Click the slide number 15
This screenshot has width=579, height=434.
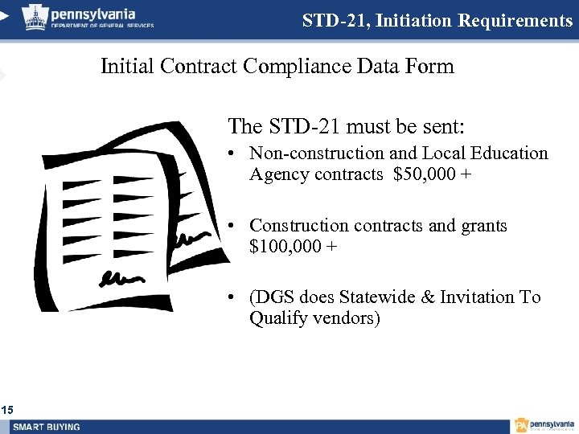click(7, 411)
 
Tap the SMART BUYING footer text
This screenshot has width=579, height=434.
click(47, 427)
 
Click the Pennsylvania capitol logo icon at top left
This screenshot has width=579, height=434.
click(35, 15)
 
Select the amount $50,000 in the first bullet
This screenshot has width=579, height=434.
click(426, 174)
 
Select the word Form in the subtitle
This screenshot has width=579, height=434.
click(431, 66)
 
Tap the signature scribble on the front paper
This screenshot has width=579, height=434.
click(120, 278)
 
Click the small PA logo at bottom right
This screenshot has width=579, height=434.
click(522, 425)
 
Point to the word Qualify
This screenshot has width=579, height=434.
click(279, 318)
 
